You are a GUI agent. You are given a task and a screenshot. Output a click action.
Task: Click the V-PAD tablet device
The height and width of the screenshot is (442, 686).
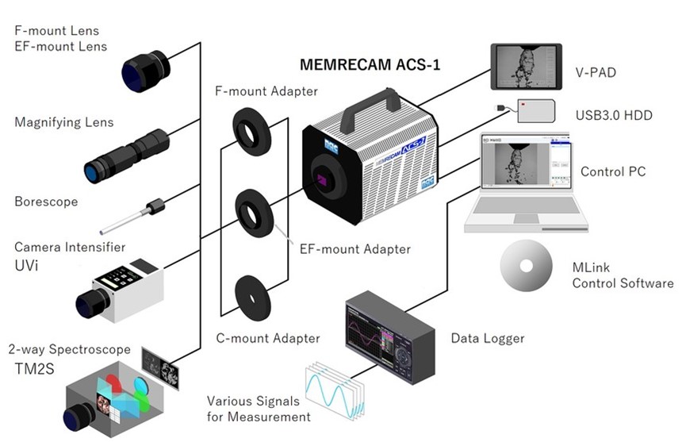click(526, 67)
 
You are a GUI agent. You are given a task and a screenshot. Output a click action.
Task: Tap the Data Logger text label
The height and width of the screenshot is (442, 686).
click(488, 339)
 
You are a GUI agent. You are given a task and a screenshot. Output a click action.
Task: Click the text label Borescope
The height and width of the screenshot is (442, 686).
click(46, 202)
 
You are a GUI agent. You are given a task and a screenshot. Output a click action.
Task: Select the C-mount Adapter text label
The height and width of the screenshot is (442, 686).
click(268, 339)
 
